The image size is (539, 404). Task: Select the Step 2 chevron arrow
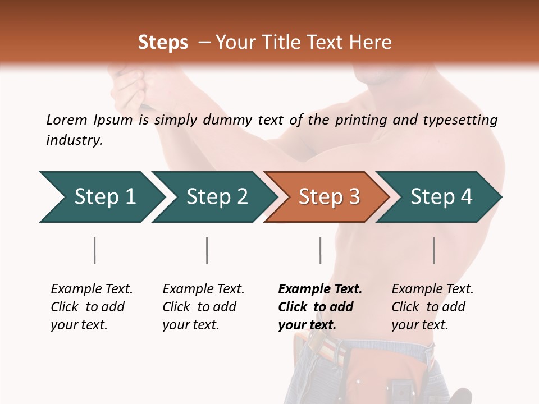(x=216, y=197)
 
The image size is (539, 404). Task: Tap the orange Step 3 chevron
(x=328, y=197)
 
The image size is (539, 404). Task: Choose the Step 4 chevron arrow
(x=441, y=197)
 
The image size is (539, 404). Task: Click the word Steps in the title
(x=163, y=43)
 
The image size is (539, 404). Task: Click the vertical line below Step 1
(x=95, y=250)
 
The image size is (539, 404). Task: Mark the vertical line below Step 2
(x=207, y=250)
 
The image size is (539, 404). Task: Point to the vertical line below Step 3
(x=320, y=250)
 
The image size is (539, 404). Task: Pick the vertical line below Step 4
(x=433, y=250)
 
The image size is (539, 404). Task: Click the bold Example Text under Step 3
(x=320, y=289)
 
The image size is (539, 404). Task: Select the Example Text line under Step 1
(x=92, y=289)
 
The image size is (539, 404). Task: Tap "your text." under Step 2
(x=191, y=325)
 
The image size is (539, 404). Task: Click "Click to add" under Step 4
(x=428, y=307)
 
